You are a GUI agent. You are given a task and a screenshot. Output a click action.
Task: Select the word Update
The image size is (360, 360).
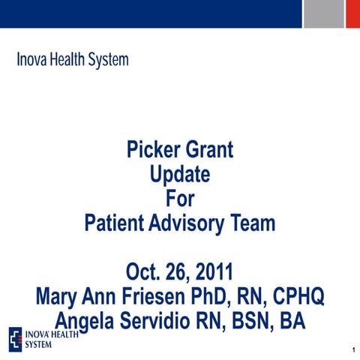180,176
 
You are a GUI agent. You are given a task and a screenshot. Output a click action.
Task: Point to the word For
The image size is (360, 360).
180,199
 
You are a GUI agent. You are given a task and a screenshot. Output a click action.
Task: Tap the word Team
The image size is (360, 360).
256,223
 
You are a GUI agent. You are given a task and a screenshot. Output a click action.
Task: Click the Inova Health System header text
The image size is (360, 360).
73,59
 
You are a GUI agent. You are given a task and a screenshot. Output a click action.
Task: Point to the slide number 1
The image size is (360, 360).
352,350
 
